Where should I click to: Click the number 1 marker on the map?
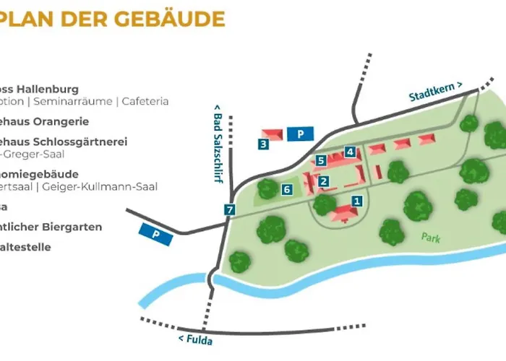(356, 201)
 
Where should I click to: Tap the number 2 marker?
(325, 181)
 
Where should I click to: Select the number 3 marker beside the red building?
(264, 144)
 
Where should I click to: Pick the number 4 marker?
(350, 152)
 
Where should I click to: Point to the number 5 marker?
(321, 160)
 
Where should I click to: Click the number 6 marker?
(287, 189)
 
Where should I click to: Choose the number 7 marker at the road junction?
(230, 210)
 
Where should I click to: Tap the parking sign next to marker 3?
(300, 134)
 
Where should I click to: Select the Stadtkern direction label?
(434, 92)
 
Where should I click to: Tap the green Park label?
(432, 237)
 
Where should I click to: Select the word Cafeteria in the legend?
(145, 101)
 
